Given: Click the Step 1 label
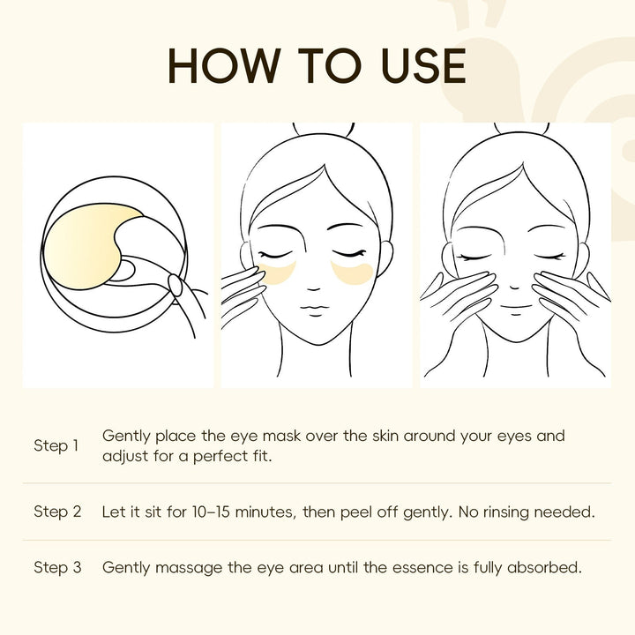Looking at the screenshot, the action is coord(56,446).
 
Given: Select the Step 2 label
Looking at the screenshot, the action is coord(57,512).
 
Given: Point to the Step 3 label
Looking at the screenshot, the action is coord(57,567).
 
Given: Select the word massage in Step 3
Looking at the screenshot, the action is coord(189,569).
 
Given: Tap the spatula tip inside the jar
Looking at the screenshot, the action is coord(176,285).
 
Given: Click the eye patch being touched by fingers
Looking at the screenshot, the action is coord(277,273).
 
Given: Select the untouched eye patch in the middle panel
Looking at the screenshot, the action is coord(352,273).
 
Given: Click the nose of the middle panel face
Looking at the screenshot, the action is coord(313,288).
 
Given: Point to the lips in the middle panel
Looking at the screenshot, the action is coord(315,310).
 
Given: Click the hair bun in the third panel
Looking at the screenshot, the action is coord(521,129).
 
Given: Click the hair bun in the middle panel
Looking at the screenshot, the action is coord(323,130).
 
